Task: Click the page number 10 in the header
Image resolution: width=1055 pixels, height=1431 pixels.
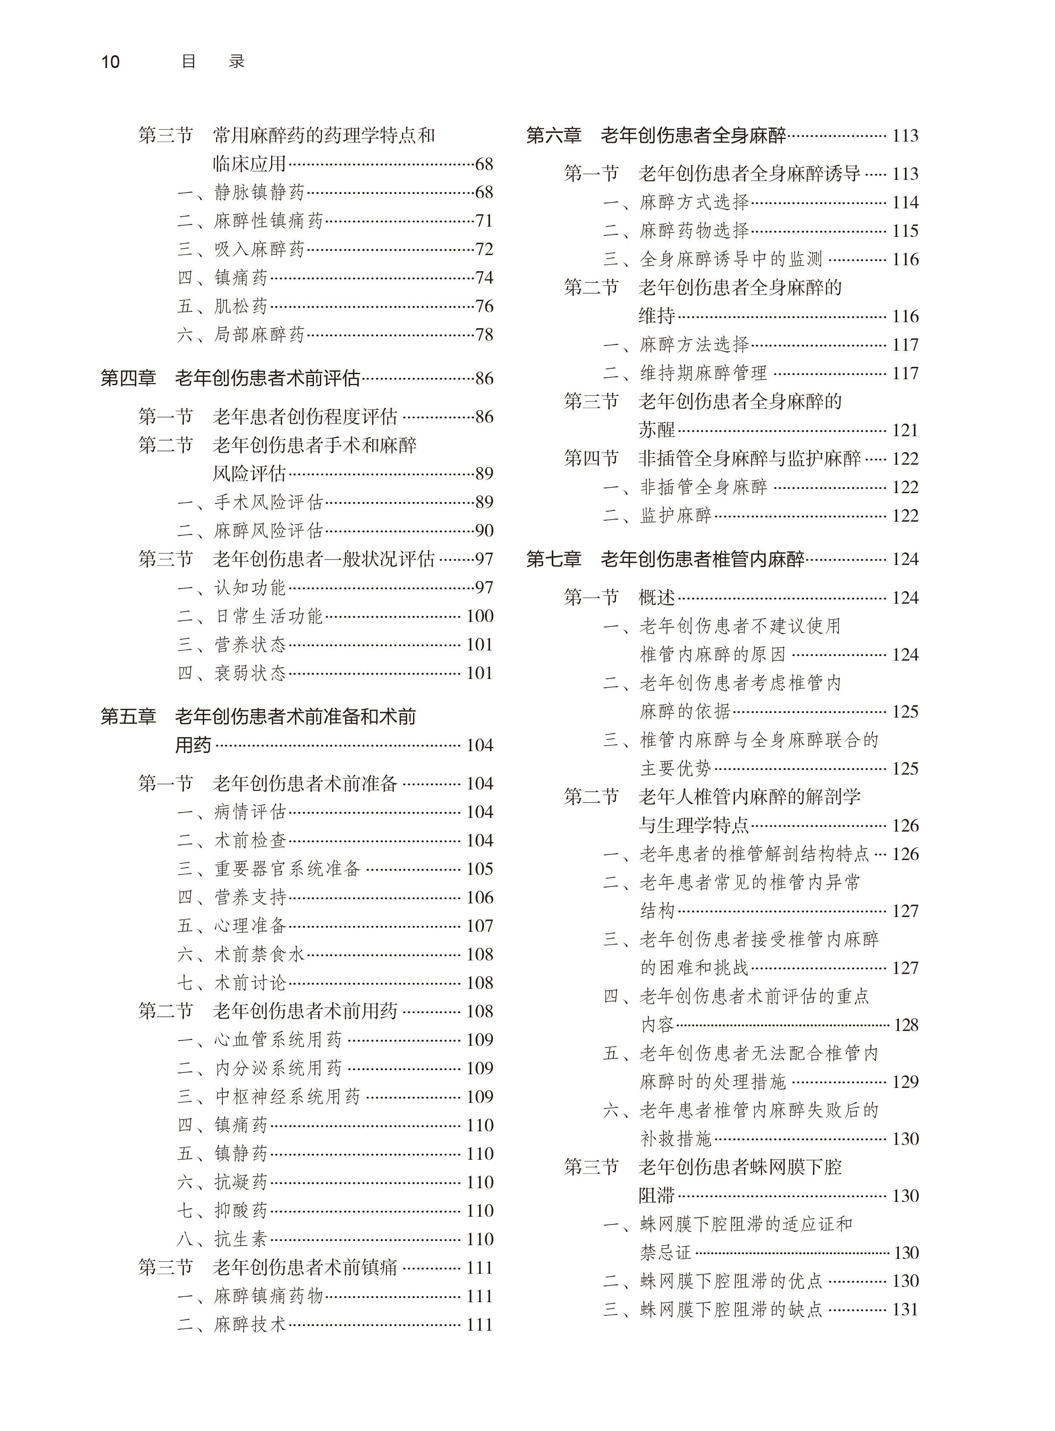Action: (111, 62)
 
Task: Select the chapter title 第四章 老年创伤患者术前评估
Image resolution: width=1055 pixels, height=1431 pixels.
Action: (231, 378)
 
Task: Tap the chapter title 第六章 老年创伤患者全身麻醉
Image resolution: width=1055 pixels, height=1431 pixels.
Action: (656, 135)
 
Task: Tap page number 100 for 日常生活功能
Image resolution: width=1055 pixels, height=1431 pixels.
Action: (479, 616)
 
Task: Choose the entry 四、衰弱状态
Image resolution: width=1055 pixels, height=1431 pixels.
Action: (232, 673)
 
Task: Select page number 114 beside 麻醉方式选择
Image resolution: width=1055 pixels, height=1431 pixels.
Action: (905, 202)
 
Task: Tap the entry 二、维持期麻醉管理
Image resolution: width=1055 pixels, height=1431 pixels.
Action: (685, 373)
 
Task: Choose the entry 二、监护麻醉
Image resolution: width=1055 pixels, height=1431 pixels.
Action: (658, 515)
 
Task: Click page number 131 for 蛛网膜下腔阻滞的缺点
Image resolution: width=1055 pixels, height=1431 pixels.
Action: (905, 1309)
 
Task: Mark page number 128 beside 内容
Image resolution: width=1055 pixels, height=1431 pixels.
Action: (906, 1025)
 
